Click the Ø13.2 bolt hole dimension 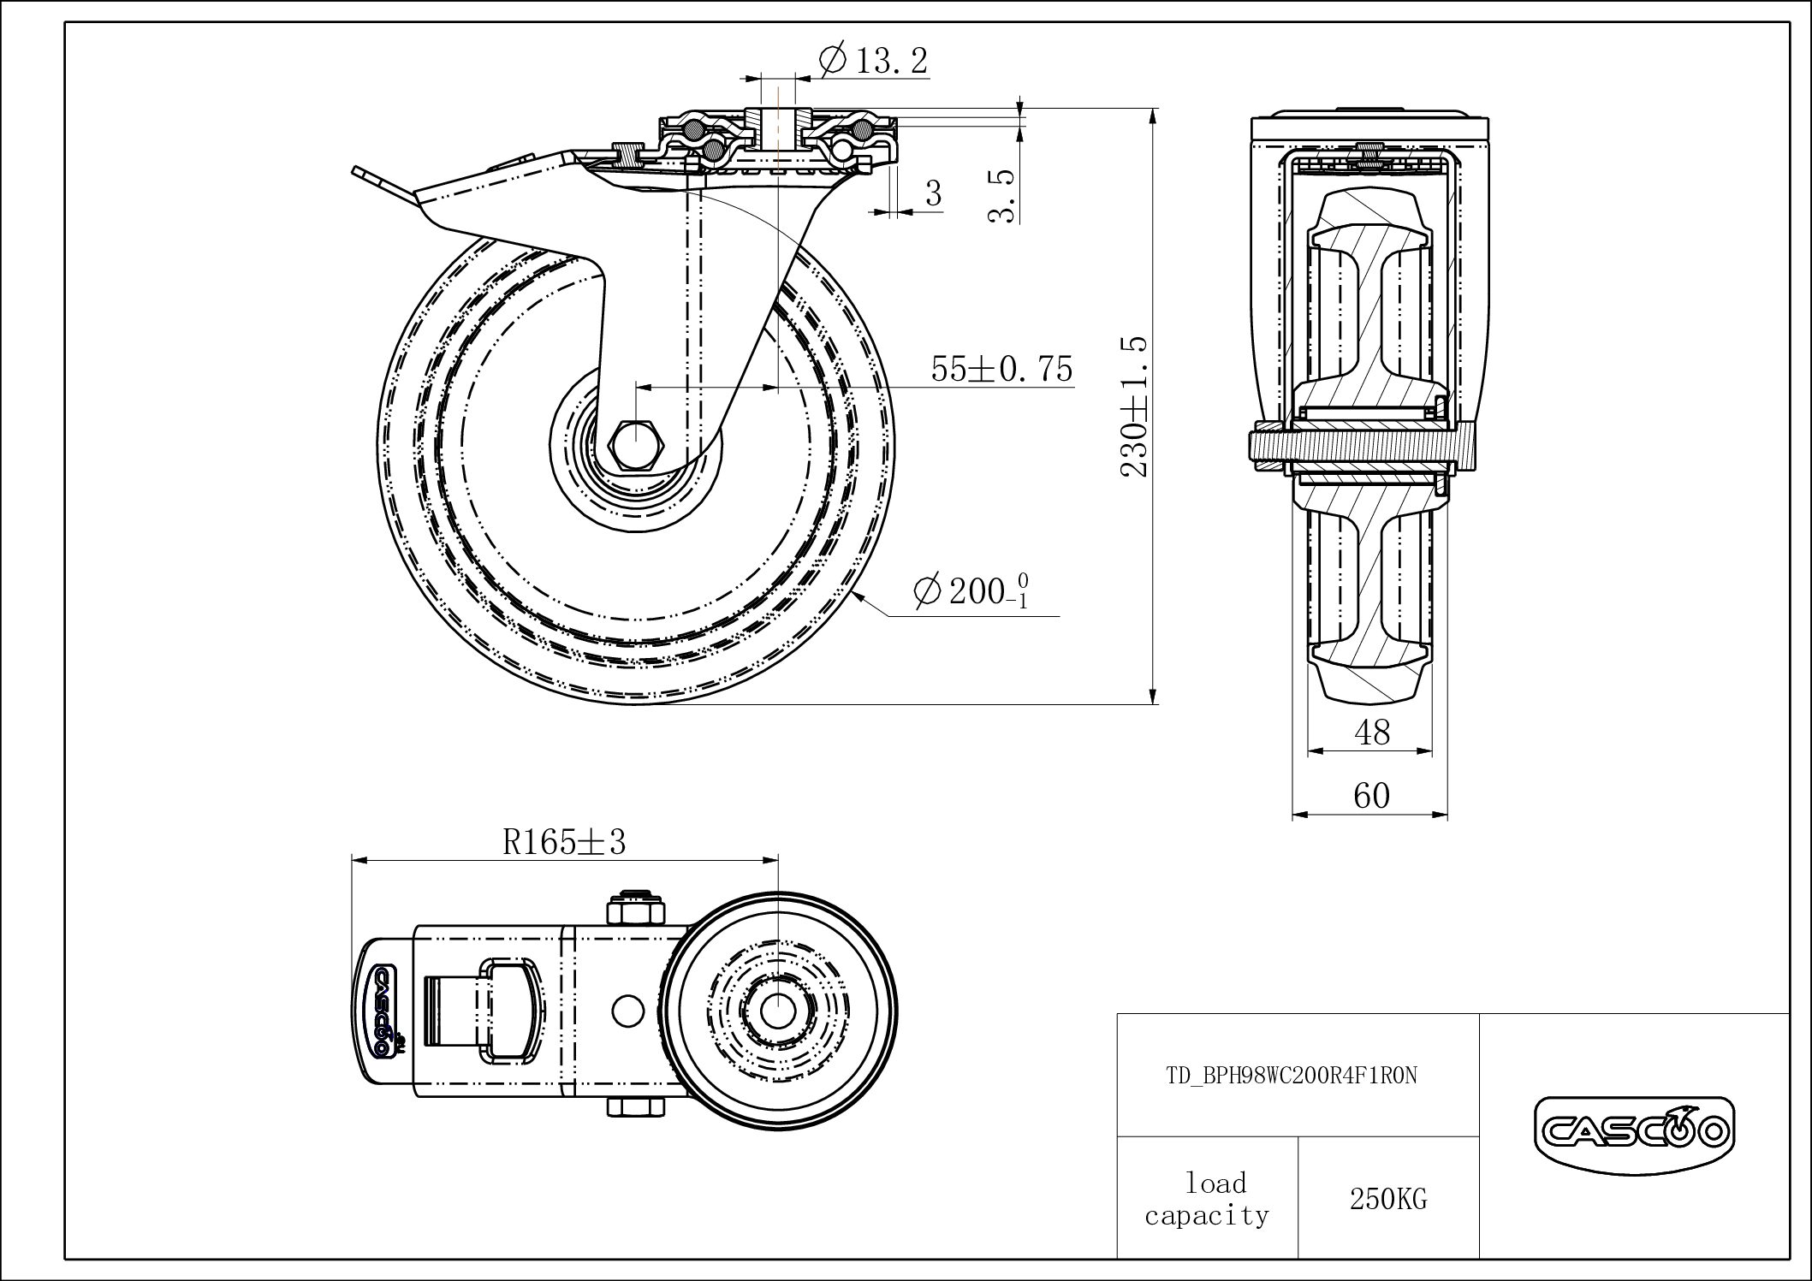click(x=873, y=62)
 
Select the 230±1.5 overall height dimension click(x=1135, y=406)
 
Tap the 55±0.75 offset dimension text click(x=1001, y=370)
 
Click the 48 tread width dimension click(x=1371, y=732)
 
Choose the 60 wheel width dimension click(x=1371, y=796)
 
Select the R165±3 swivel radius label click(x=564, y=843)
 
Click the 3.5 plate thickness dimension click(x=1002, y=196)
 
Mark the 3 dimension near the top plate click(x=933, y=193)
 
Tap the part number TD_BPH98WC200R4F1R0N click(x=1291, y=1076)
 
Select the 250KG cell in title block click(x=1387, y=1199)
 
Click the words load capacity click(x=1207, y=1199)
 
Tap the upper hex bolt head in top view click(x=635, y=909)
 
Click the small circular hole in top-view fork click(x=628, y=1010)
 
